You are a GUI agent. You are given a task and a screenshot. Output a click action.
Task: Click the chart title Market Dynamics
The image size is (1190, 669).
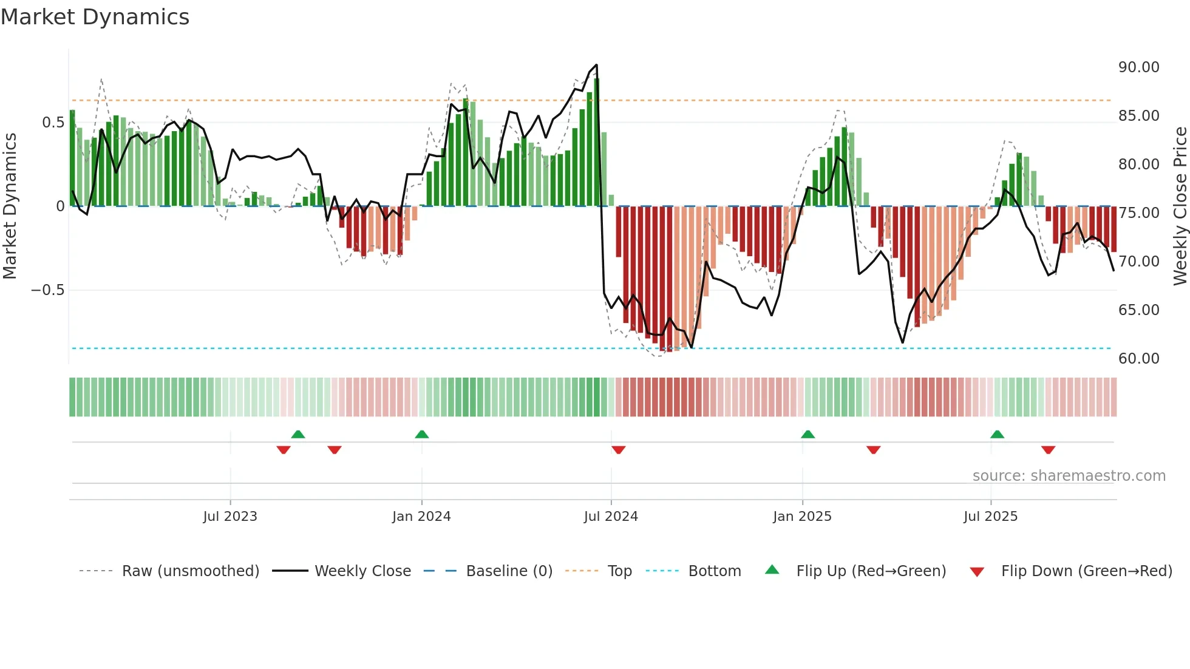[x=95, y=17]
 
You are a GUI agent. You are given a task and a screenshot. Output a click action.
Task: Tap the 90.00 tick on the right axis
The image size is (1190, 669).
[x=1138, y=67]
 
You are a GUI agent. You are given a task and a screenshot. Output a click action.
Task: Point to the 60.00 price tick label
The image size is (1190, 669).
[x=1138, y=359]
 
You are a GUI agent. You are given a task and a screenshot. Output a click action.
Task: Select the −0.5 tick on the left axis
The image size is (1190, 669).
[x=47, y=290]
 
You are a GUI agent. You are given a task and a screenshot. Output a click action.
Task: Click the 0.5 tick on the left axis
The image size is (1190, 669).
[x=53, y=123]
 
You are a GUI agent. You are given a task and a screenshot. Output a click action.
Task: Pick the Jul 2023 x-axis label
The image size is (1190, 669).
[x=230, y=517]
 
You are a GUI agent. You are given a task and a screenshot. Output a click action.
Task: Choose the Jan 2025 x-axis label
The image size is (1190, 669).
[x=802, y=517]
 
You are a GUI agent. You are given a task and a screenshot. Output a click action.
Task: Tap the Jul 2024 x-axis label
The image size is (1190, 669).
[x=611, y=517]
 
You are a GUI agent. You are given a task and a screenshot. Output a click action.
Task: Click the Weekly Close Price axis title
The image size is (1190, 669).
[x=1180, y=206]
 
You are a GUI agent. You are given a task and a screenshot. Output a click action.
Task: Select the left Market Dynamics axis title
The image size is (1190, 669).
[x=10, y=206]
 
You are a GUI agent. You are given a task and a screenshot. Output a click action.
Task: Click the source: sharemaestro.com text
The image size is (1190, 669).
[x=1069, y=476]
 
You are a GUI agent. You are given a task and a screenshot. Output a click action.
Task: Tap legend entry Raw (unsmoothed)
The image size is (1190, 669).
[x=190, y=571]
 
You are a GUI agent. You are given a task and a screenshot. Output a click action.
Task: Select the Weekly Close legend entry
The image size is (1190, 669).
[x=362, y=571]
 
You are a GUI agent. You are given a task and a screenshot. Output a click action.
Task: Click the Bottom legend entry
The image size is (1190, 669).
[x=714, y=571]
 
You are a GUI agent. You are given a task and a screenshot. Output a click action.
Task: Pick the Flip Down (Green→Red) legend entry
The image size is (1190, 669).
[x=1086, y=571]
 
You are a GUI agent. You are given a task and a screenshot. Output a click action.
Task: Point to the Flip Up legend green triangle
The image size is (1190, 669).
[x=772, y=569]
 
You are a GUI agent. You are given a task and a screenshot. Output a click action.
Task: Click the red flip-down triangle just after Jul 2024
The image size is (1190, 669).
[x=618, y=450]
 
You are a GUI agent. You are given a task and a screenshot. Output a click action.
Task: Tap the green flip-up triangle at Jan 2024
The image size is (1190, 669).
[x=421, y=434]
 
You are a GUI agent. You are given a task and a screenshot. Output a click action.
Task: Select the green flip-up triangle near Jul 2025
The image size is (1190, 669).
[x=997, y=434]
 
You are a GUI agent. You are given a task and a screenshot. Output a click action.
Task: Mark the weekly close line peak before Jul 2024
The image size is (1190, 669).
[x=596, y=65]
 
